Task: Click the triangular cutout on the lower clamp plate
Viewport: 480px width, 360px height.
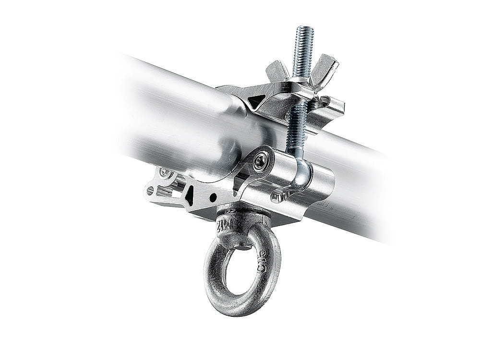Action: click(190, 195)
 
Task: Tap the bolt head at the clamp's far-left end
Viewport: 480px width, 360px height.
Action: click(166, 172)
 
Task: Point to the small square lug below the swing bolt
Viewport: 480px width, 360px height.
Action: click(277, 196)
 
